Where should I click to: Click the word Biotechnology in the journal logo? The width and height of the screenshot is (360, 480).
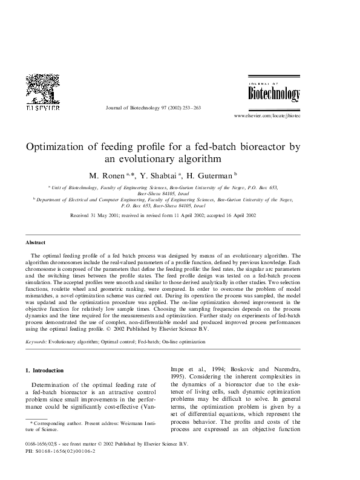tap(274, 94)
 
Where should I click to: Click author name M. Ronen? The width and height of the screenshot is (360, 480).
tap(105, 175)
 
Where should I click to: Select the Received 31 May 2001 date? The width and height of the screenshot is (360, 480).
tap(98, 215)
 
